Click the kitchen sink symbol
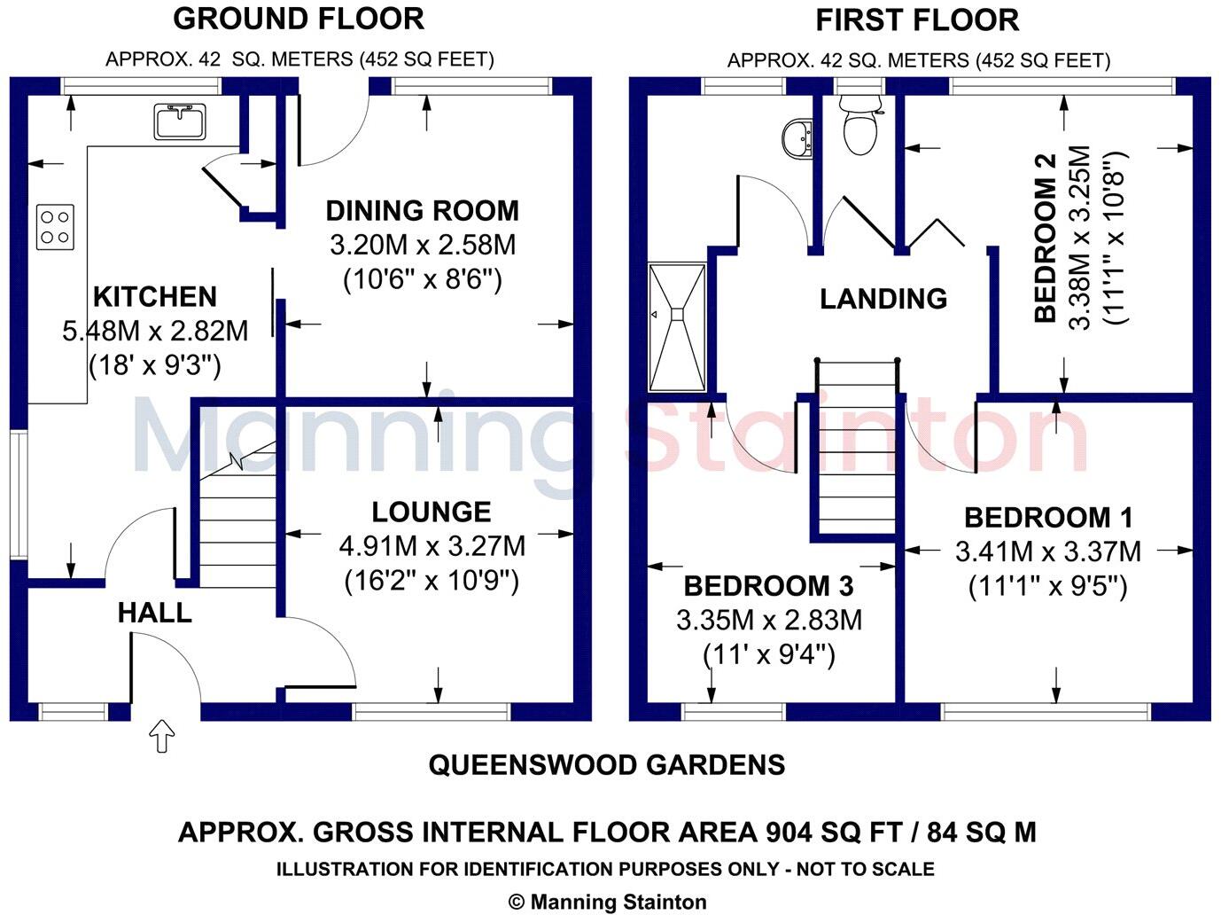pos(180,121)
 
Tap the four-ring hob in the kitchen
pos(55,226)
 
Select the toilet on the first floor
pos(859,126)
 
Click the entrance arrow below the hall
pos(161,735)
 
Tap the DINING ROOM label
pos(422,211)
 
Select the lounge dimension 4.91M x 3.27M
pos(432,546)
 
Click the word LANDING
pos(883,299)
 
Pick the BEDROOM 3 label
pos(768,586)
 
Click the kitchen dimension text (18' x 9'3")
pos(155,365)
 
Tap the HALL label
pos(154,613)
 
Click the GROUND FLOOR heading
pos(298,19)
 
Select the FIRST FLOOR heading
pos(916,20)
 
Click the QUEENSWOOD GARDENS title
pos(606,764)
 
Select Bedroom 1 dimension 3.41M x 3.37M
pos(1047,552)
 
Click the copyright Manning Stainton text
pos(608,902)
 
